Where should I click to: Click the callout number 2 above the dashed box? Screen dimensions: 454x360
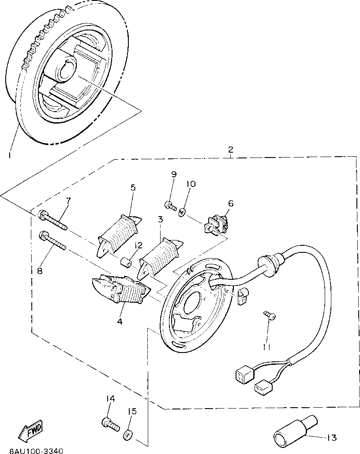(x=230, y=150)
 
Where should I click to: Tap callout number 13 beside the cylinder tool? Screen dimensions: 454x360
(x=331, y=438)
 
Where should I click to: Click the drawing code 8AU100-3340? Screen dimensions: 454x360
(x=32, y=450)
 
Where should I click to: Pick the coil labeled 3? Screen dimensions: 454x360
(x=160, y=256)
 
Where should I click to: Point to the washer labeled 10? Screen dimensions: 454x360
(x=182, y=213)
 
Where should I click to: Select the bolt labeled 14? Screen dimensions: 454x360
(x=110, y=424)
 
